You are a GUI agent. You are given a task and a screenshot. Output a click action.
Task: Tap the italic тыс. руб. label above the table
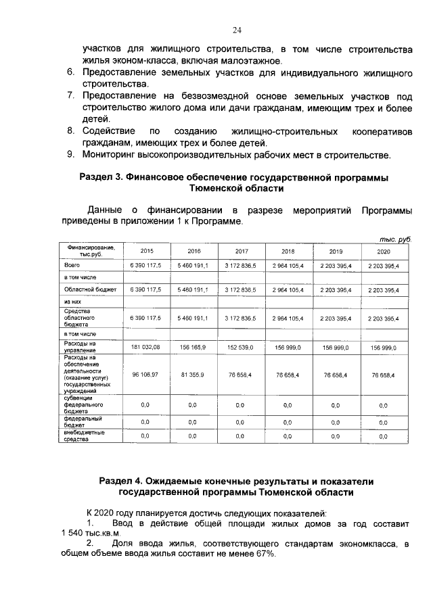pyautogui.click(x=396, y=239)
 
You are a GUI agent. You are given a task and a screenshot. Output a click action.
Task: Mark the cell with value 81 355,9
pyautogui.click(x=193, y=374)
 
